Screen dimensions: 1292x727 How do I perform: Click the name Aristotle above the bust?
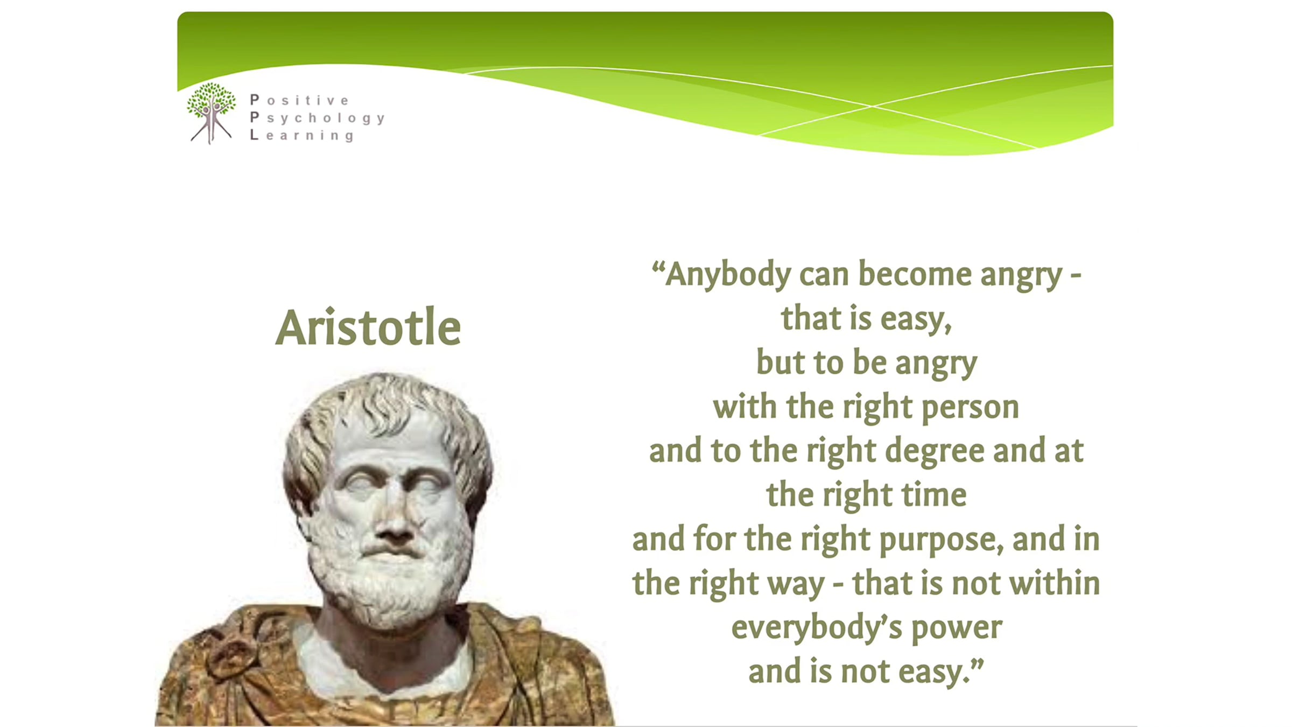click(x=368, y=327)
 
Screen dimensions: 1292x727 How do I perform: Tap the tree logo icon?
click(x=211, y=113)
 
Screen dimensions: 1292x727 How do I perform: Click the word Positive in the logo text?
click(x=300, y=100)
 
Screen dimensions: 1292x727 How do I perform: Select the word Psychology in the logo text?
click(x=318, y=118)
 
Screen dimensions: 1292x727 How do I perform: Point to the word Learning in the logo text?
click(x=302, y=136)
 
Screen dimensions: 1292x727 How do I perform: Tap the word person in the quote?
click(x=970, y=408)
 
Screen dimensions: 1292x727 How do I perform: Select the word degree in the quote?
click(x=935, y=451)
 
